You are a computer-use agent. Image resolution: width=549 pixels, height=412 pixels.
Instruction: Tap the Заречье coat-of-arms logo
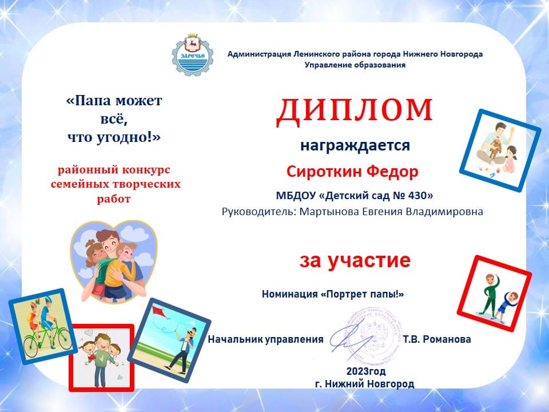point(193,55)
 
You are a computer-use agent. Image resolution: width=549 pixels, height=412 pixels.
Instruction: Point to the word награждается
point(355,145)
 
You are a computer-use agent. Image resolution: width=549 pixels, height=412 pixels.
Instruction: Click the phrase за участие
point(355,260)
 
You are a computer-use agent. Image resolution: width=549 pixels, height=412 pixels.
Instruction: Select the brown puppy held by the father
point(495,148)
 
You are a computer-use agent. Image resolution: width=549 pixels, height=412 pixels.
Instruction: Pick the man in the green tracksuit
point(488,294)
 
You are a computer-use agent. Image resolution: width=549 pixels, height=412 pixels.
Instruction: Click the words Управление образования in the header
point(355,65)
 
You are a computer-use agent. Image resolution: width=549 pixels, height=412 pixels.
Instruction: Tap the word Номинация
point(289,294)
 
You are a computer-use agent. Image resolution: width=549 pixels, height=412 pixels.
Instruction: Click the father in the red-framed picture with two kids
point(101,357)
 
